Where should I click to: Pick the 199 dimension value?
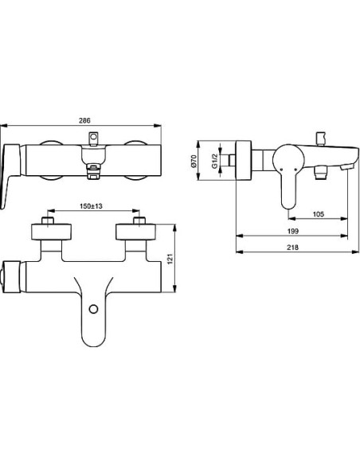coord(292,231)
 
